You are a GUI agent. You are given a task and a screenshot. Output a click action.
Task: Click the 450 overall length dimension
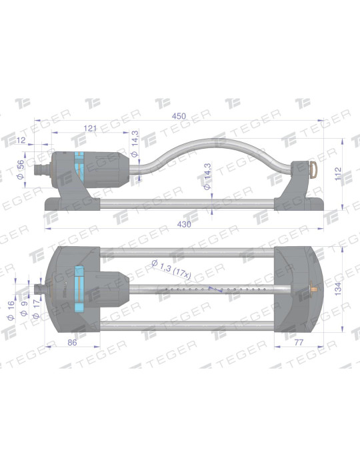tap(179, 116)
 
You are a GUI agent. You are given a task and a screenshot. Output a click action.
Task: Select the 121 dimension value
tap(90, 128)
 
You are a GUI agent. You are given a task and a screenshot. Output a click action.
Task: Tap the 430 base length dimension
tap(184, 224)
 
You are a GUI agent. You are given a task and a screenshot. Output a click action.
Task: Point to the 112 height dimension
tap(338, 174)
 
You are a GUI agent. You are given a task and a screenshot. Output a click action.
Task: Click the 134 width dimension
tap(338, 289)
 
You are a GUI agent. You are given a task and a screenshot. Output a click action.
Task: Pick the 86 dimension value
tap(72, 342)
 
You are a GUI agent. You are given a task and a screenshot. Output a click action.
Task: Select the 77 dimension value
tap(299, 342)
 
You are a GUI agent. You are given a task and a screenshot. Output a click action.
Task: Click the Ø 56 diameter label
tap(21, 169)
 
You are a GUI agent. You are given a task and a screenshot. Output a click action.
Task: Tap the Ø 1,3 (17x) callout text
tap(171, 270)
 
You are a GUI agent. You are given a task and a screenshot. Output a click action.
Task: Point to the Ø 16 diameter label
tap(11, 311)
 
